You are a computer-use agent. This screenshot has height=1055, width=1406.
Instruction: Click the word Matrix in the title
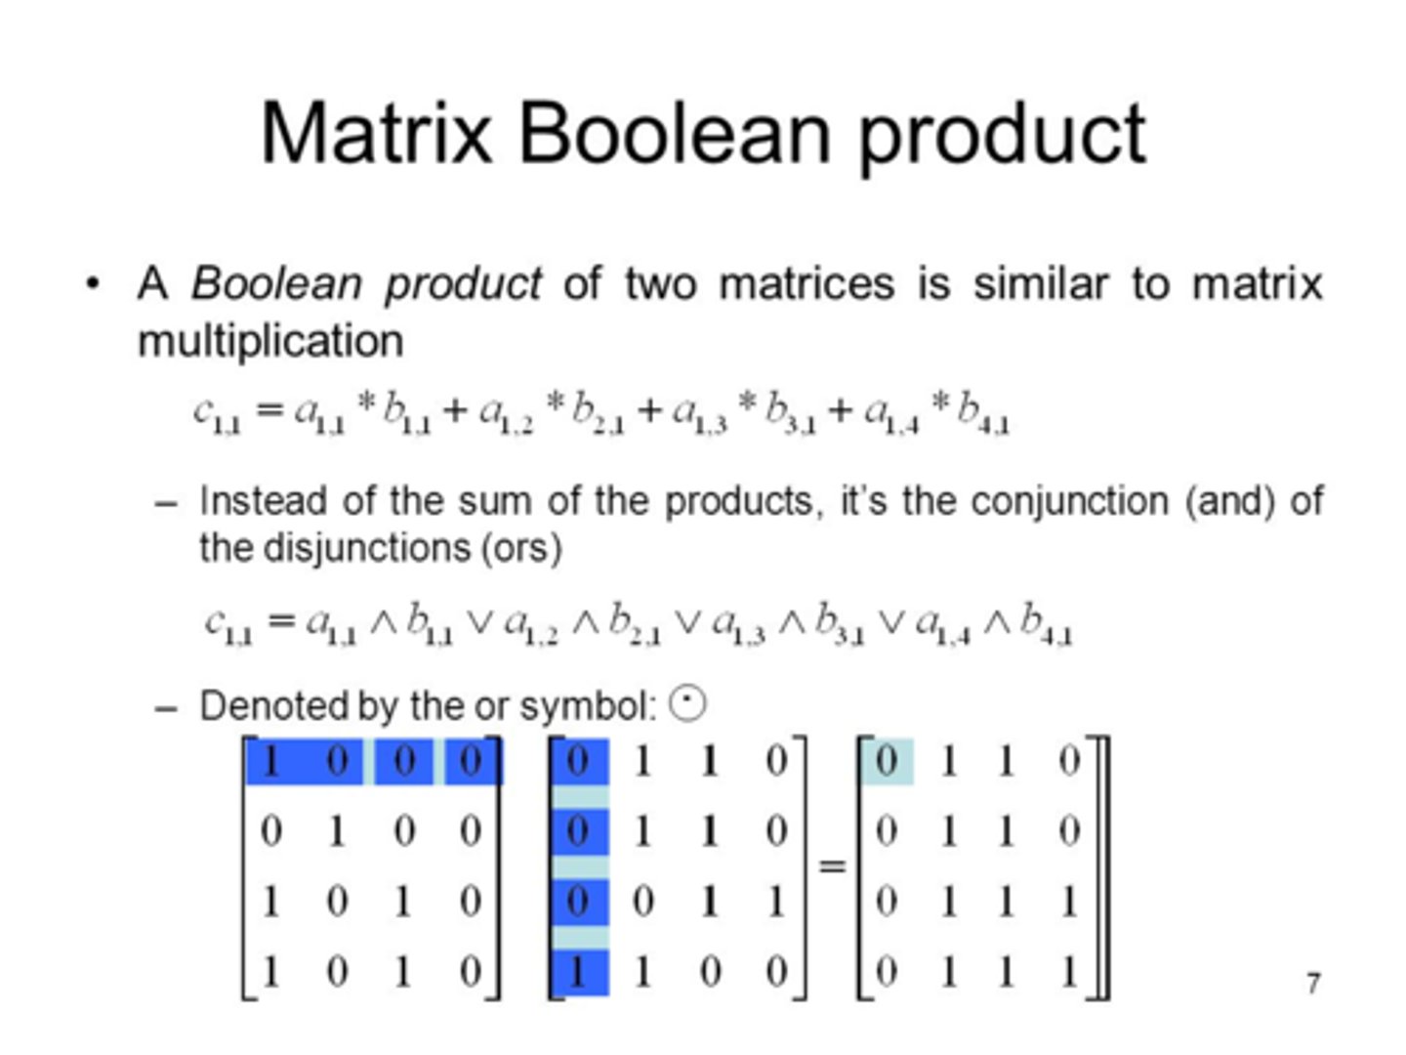(x=376, y=133)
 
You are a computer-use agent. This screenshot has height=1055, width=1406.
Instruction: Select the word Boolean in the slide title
(x=674, y=133)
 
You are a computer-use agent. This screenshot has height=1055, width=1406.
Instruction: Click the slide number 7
(x=1313, y=982)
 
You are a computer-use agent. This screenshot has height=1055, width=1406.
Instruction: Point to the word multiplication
(x=270, y=341)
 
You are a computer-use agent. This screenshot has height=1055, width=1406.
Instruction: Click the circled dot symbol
(x=687, y=703)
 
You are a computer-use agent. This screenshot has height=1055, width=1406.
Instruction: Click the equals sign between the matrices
(x=832, y=865)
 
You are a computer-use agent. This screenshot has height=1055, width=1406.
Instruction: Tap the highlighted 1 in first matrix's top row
(x=271, y=761)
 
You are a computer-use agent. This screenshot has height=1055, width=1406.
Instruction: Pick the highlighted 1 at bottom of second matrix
(x=578, y=972)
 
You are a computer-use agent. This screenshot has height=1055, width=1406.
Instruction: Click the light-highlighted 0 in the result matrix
(x=887, y=761)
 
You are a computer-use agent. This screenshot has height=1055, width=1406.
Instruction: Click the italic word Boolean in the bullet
(x=276, y=283)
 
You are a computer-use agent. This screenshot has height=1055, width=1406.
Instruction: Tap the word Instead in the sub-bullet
(x=263, y=500)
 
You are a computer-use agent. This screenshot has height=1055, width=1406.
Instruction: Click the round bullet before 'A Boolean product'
(x=93, y=284)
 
